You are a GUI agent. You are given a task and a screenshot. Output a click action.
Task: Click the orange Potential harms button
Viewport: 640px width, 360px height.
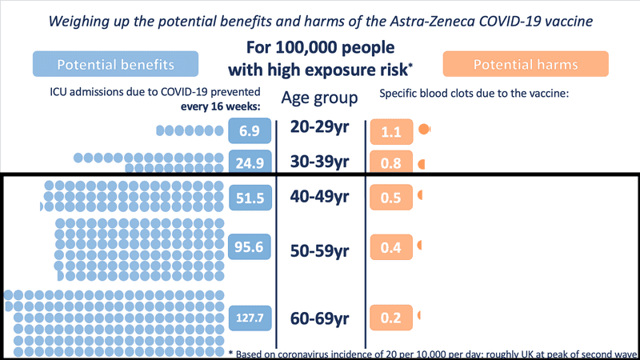(526, 64)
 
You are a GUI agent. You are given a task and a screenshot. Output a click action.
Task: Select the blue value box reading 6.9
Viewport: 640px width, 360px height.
(245, 130)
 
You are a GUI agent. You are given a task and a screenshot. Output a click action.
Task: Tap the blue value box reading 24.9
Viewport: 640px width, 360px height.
(245, 163)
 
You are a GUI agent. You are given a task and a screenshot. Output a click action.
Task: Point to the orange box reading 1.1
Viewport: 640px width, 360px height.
(390, 130)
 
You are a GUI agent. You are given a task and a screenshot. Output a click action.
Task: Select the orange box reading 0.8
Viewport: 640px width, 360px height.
(390, 163)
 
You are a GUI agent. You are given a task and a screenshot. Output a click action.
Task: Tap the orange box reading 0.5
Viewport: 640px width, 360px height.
(390, 198)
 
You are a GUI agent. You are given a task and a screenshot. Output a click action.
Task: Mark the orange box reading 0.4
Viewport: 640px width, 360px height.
(390, 248)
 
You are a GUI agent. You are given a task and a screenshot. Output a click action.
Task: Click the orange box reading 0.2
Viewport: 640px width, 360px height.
(390, 318)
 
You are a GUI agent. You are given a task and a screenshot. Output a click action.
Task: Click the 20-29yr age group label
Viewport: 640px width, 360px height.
(320, 129)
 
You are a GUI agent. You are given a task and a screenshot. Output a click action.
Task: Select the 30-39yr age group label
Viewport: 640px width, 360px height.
(320, 162)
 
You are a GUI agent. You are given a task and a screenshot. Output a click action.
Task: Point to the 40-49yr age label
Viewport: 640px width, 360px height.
(320, 197)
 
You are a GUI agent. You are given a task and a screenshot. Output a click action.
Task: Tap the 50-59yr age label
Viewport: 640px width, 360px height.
(320, 251)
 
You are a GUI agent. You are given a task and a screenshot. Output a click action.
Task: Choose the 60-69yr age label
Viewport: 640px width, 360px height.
(320, 318)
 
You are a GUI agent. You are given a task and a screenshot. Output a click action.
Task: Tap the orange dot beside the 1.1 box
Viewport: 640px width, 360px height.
(424, 129)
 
